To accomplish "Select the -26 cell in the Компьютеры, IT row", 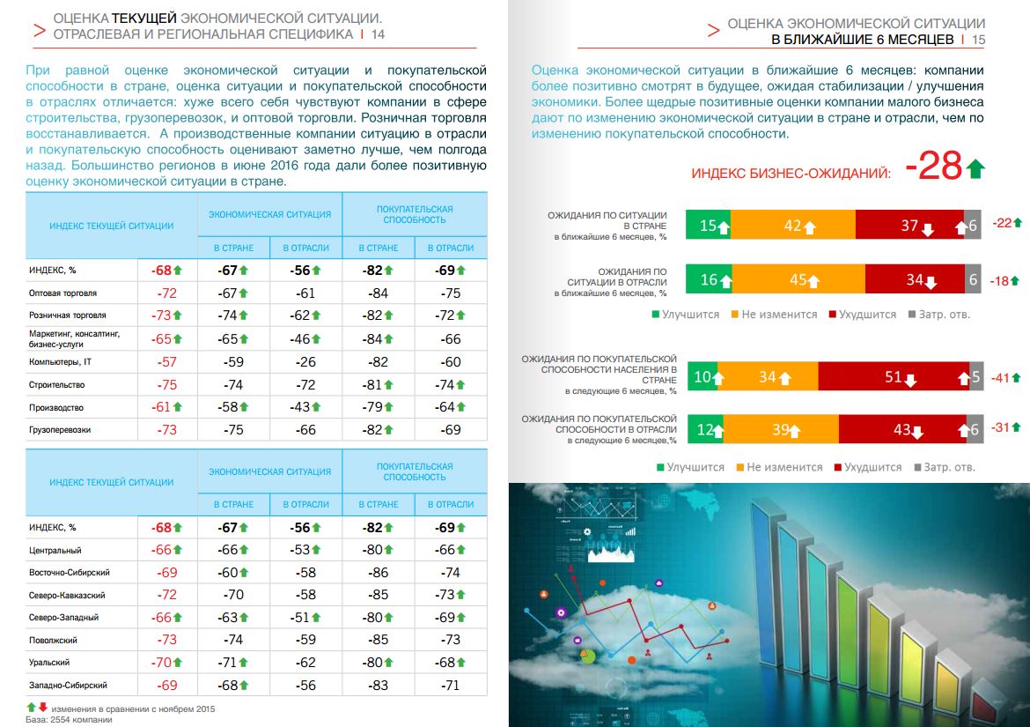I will click(x=305, y=362).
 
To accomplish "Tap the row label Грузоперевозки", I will click(x=59, y=430).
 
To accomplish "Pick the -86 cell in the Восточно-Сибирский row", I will click(x=377, y=573).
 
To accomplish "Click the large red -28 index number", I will click(x=933, y=166).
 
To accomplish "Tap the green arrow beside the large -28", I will click(x=975, y=167).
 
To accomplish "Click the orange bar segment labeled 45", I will click(x=798, y=280).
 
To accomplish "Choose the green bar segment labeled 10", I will click(x=703, y=377).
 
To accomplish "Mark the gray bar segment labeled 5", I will click(x=975, y=377).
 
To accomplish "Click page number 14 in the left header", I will click(x=379, y=34).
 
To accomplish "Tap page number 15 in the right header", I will click(x=979, y=41).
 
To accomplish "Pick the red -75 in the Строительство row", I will click(x=166, y=385).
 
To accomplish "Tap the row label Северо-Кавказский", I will click(x=61, y=596).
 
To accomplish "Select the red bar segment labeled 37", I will click(x=909, y=225).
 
